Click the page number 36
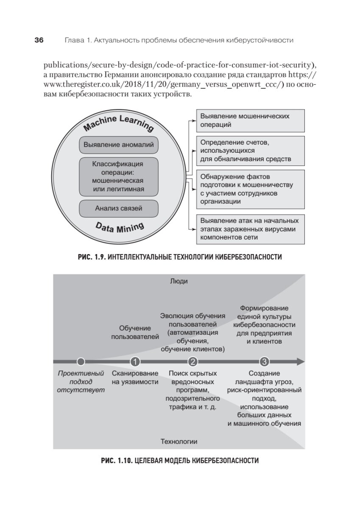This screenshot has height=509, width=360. click(39, 40)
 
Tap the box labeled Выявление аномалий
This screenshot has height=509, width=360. click(119, 145)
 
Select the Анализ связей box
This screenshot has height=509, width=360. click(119, 208)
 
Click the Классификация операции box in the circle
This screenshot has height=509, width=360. click(119, 176)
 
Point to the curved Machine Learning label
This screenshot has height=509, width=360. click(118, 123)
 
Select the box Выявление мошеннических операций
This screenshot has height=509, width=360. click(251, 120)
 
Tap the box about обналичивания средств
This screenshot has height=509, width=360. click(251, 151)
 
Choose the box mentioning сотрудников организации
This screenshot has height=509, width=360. click(251, 189)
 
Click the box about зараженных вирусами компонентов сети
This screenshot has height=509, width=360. click(251, 229)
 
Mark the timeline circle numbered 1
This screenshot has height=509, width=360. click(135, 362)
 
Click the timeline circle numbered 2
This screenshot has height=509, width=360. click(193, 362)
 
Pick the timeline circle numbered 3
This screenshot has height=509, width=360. click(264, 362)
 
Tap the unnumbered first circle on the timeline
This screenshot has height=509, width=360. click(81, 362)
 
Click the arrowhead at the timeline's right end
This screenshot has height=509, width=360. click(301, 362)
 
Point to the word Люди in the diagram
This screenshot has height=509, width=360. click(179, 281)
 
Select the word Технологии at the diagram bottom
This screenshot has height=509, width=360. click(179, 442)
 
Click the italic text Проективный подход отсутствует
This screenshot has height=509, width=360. click(81, 382)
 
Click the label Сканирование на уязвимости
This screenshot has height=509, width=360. click(135, 378)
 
